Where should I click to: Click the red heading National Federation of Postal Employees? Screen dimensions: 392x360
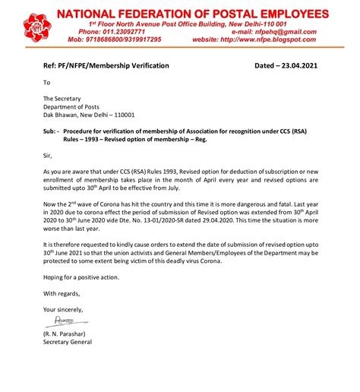(194, 14)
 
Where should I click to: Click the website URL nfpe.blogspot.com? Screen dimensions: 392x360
(265, 40)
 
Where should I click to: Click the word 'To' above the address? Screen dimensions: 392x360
(47, 83)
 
